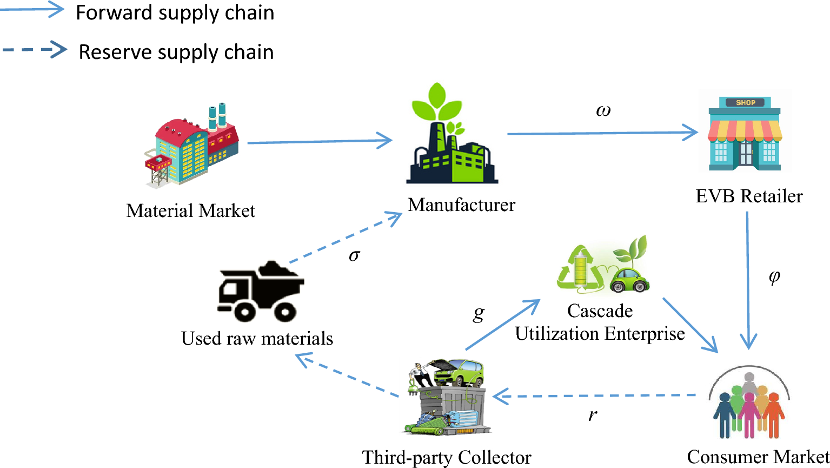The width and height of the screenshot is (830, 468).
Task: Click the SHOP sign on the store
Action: point(745,102)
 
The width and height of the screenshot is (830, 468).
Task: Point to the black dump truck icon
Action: point(261,292)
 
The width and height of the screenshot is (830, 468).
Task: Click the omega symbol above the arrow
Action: point(603,110)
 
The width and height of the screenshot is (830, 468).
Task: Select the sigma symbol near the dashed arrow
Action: point(354,255)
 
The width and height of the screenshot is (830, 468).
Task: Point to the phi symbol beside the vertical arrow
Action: point(774,277)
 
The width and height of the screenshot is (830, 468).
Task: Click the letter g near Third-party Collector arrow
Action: point(479,313)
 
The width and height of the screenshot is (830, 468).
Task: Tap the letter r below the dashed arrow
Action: point(593,416)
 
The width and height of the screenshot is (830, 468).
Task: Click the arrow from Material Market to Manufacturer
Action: point(319,142)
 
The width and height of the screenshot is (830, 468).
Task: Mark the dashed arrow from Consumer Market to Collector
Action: point(595,396)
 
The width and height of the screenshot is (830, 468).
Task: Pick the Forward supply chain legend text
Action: point(175,13)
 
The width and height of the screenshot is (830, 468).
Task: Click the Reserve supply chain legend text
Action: point(176,52)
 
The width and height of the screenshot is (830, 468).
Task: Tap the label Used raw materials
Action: point(257,339)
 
